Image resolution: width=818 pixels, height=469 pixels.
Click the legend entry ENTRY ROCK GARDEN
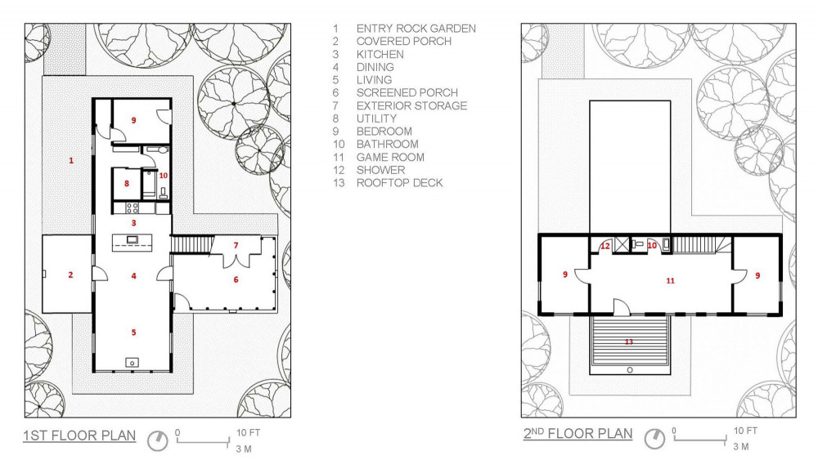coord(416,29)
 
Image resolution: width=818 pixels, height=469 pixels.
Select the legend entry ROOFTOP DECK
coord(400,183)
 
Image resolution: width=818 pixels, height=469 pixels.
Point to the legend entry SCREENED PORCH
coord(407,93)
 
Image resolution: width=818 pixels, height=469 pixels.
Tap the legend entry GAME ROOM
coord(390,158)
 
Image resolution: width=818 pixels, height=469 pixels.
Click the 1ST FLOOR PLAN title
coord(79,435)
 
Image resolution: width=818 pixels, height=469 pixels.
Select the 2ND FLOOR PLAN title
coord(578,434)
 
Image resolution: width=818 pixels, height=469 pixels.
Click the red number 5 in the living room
coord(133,333)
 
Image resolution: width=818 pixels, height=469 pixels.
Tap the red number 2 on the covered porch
coord(70,275)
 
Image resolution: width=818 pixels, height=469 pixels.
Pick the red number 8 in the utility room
coord(126,183)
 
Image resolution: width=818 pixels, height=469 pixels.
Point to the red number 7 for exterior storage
coord(236,245)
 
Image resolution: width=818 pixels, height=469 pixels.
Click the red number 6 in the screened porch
coord(236,279)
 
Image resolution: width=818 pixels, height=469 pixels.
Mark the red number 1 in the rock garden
coord(71,160)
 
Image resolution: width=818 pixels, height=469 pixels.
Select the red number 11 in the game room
coord(671,281)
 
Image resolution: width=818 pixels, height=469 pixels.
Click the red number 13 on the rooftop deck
coord(628,342)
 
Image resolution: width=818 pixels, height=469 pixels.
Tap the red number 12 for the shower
coord(605,246)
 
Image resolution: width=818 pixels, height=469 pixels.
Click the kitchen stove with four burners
coord(132,208)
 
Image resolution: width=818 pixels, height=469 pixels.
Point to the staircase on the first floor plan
coord(192,244)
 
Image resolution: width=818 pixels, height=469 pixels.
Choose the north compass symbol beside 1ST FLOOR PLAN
coord(158,441)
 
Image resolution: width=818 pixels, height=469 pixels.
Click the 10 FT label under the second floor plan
coord(745,431)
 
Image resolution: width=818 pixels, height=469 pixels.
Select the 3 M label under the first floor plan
coord(244,449)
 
